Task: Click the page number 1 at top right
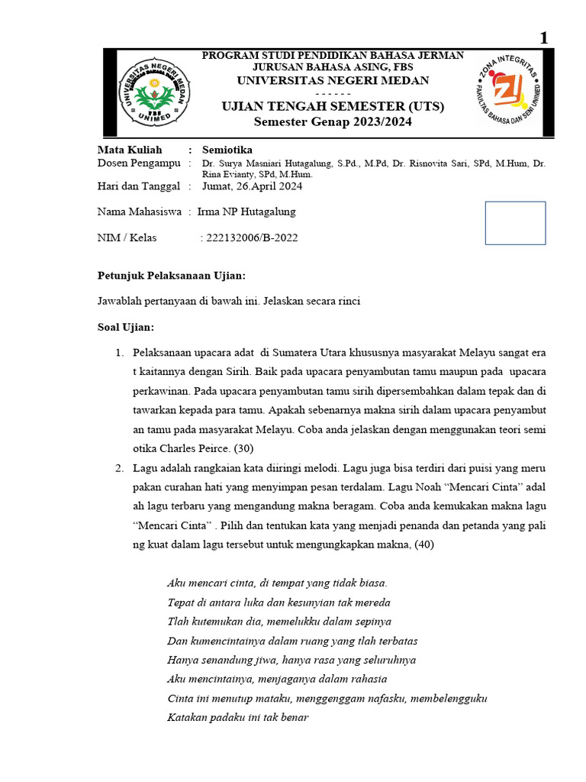[x=544, y=37]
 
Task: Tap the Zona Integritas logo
[x=507, y=92]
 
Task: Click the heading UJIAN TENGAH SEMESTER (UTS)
[x=332, y=106]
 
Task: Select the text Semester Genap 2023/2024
[x=332, y=122]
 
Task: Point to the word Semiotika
[x=227, y=150]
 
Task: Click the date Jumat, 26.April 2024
[x=252, y=186]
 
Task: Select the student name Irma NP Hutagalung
[x=246, y=212]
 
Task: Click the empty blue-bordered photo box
[x=515, y=223]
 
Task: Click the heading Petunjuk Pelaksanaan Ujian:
[x=172, y=276]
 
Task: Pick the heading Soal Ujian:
[x=126, y=327]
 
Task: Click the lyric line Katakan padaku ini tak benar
[x=237, y=717]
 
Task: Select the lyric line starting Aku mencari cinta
[x=277, y=583]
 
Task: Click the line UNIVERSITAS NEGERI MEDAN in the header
[x=332, y=80]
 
